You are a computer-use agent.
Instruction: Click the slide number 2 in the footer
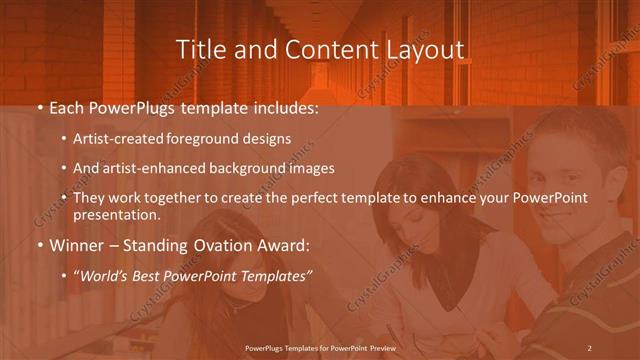(590, 347)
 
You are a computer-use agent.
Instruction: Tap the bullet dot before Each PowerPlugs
(39, 106)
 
